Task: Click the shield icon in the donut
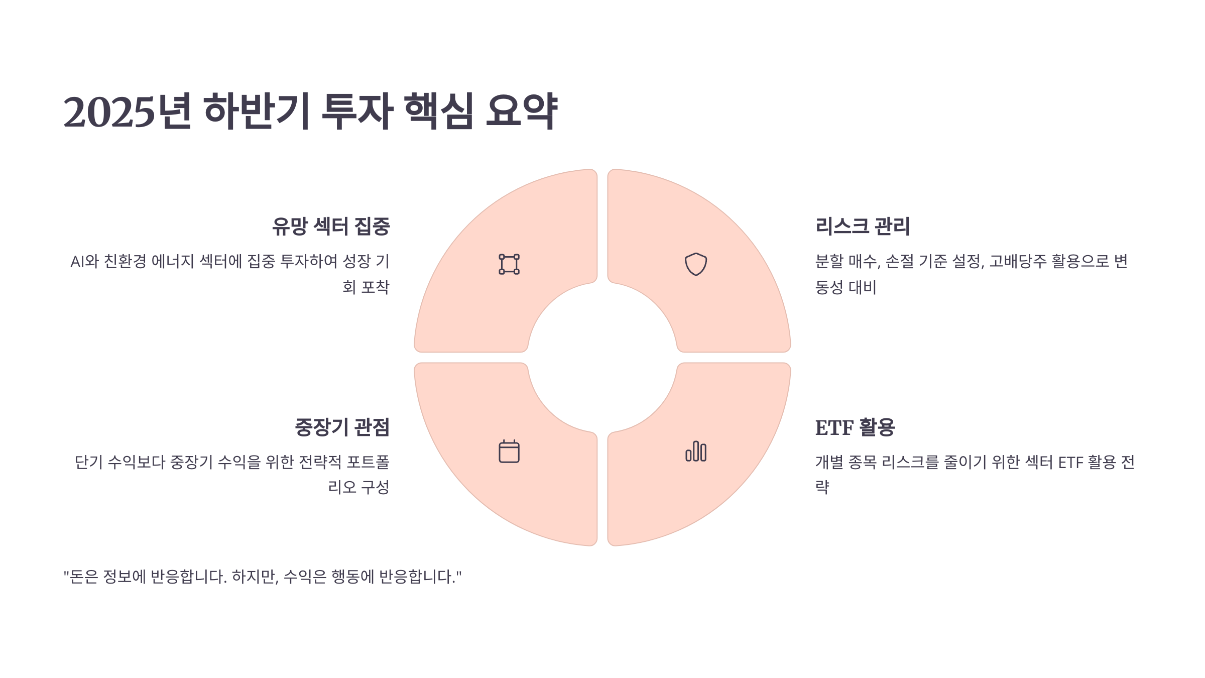point(696,264)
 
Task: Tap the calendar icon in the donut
point(509,451)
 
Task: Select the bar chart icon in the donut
point(696,451)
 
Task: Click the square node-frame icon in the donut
point(509,264)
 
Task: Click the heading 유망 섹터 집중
point(331,226)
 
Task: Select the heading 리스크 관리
point(863,226)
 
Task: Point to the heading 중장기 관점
point(342,427)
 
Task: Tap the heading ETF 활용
point(855,427)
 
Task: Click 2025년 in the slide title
point(128,111)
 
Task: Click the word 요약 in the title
point(522,111)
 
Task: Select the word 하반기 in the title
point(257,111)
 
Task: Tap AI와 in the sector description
point(84,262)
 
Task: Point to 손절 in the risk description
point(900,262)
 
